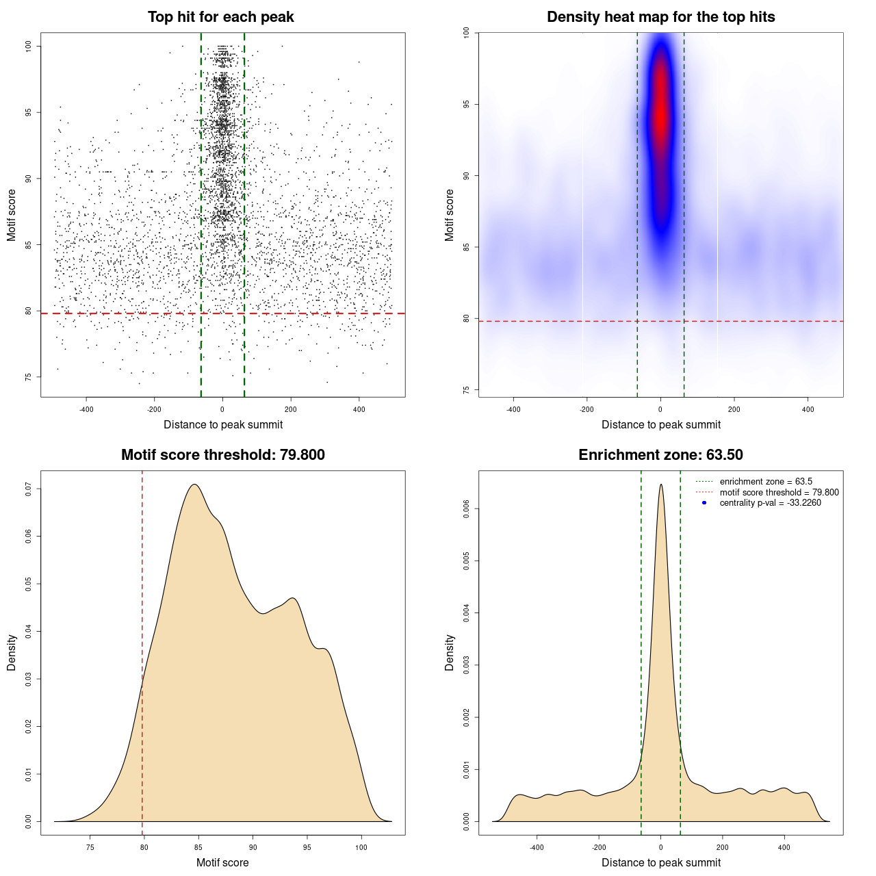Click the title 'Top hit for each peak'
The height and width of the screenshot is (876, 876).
tap(220, 17)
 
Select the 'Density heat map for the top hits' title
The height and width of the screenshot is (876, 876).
tap(660, 17)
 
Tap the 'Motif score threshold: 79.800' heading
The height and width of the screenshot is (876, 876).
tap(222, 455)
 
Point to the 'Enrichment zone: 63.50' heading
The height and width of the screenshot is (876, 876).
tap(660, 455)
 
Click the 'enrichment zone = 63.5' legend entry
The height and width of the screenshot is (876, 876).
tap(766, 482)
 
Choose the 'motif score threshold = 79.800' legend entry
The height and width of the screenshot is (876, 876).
tap(779, 492)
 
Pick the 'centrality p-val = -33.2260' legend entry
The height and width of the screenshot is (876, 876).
tap(770, 503)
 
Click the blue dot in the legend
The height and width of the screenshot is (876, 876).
tap(704, 503)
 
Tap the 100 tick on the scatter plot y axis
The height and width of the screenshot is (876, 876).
tap(28, 46)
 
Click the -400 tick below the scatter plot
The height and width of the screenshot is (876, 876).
tap(86, 409)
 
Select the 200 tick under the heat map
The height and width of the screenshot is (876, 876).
tap(734, 409)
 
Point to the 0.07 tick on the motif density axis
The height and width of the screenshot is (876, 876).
tap(28, 489)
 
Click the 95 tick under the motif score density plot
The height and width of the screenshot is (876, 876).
tap(307, 847)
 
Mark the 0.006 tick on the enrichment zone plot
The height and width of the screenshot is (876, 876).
tap(466, 508)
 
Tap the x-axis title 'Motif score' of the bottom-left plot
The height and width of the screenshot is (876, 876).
tap(222, 862)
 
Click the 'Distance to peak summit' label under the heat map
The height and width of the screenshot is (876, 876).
tap(660, 424)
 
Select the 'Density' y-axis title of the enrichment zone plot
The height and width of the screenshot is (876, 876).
tap(450, 652)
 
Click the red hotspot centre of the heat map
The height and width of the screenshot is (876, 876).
tap(660, 109)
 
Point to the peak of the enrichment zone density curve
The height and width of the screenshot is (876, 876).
tap(660, 485)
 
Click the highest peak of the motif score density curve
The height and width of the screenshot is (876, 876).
tap(195, 485)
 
